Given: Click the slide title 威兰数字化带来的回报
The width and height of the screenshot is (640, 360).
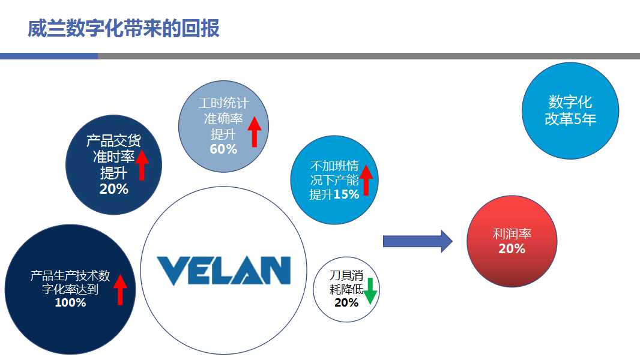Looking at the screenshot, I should tap(124, 28).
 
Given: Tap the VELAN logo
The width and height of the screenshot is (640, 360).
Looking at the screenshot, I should tap(223, 271).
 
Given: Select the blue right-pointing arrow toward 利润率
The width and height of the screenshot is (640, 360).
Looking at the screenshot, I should tap(417, 241).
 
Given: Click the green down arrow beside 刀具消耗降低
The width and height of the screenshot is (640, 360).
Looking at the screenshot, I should tap(370, 290).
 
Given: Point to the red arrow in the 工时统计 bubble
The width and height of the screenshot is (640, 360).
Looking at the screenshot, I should tap(254, 131).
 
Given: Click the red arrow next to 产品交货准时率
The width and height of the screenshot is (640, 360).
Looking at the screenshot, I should tap(142, 165).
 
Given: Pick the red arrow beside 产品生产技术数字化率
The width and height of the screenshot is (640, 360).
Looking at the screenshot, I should tap(121, 289).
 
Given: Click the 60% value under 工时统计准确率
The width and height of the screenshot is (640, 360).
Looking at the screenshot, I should tap(223, 149).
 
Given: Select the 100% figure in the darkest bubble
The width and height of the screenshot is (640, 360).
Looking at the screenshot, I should tap(70, 303).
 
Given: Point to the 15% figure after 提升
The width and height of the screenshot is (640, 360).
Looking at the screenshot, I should tap(346, 194).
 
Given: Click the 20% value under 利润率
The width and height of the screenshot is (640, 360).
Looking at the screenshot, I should tap(512, 248).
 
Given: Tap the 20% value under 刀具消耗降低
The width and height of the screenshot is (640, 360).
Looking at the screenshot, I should tap(346, 302).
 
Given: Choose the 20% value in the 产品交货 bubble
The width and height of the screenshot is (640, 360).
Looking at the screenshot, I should tap(114, 189).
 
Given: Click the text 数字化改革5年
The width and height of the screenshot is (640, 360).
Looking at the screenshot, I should tap(570, 110).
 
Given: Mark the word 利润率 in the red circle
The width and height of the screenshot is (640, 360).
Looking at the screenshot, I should tap(512, 234).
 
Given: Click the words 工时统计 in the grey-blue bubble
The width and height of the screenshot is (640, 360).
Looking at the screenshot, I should tap(223, 103).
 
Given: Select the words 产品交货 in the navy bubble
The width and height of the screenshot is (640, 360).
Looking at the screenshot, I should tap(114, 142).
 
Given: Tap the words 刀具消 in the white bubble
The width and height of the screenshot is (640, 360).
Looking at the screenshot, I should tap(346, 275).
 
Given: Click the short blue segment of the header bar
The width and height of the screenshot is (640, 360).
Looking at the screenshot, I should tap(49, 56).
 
